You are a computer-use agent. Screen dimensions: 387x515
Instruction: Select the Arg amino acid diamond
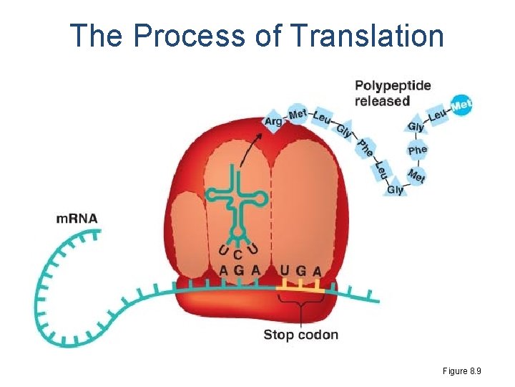pyautogui.click(x=273, y=121)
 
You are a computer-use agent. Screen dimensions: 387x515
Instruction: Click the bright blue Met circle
pyautogui.click(x=462, y=105)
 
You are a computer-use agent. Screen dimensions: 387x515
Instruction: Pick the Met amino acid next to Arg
pyautogui.click(x=297, y=113)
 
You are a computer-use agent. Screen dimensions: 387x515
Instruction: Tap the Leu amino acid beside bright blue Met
pyautogui.click(x=438, y=115)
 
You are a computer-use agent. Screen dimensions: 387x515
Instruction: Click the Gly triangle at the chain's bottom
pyautogui.click(x=396, y=189)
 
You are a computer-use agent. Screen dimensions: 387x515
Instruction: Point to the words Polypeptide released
pyautogui.click(x=393, y=93)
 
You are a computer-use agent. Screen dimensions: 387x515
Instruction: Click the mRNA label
pyautogui.click(x=77, y=218)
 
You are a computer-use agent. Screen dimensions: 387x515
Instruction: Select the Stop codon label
pyautogui.click(x=300, y=335)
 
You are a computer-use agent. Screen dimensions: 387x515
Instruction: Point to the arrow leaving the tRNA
pyautogui.click(x=250, y=150)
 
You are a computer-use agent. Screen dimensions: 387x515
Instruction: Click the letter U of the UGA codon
pyautogui.click(x=285, y=271)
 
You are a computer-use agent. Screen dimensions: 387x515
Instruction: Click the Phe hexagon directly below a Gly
pyautogui.click(x=417, y=150)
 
